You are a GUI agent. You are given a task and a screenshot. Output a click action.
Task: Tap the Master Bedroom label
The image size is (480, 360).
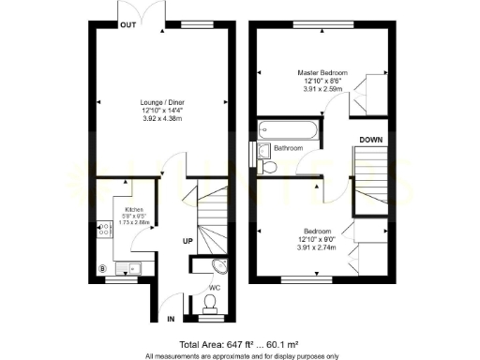point(322,73)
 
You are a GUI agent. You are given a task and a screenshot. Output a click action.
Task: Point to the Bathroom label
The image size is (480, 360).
point(289,149)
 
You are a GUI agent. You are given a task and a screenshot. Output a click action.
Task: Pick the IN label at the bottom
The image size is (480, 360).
point(171,320)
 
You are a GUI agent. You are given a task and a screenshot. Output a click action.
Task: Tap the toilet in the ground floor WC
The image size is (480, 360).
point(211,302)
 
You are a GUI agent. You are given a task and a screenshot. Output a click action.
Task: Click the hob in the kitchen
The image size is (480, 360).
point(103,228)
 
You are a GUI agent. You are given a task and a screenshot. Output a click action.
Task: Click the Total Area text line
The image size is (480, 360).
point(240,342)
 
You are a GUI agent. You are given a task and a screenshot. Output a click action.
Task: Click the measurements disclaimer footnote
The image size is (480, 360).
point(240,354)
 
